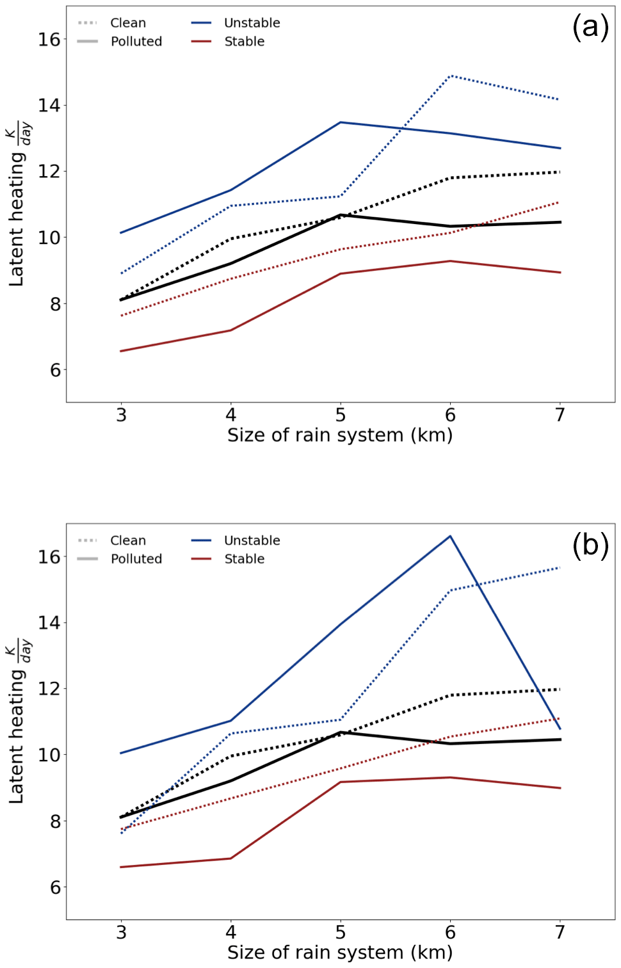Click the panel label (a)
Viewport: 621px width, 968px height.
(590, 28)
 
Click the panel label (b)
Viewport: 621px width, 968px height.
(590, 545)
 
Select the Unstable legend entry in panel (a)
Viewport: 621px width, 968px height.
(252, 23)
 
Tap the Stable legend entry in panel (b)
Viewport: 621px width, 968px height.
(244, 559)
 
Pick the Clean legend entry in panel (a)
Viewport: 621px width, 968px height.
(127, 23)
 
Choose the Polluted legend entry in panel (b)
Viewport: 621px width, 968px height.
(136, 559)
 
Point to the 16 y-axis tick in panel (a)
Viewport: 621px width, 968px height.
(49, 40)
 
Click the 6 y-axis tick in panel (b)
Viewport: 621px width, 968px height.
(55, 887)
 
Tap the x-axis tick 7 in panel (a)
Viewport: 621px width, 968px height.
(560, 415)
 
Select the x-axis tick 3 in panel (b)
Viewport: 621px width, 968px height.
(121, 933)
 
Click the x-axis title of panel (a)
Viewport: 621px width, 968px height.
(340, 435)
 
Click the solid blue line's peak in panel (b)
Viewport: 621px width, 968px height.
(450, 536)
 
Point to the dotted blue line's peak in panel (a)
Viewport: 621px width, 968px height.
(451, 76)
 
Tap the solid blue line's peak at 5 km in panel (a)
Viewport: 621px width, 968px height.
(341, 122)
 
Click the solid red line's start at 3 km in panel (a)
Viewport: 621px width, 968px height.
(121, 351)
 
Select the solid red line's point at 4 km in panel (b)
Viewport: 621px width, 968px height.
(230, 859)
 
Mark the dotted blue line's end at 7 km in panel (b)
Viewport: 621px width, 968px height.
(560, 568)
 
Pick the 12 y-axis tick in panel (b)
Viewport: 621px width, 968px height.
(49, 689)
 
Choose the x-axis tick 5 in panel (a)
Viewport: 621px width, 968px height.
(341, 415)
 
